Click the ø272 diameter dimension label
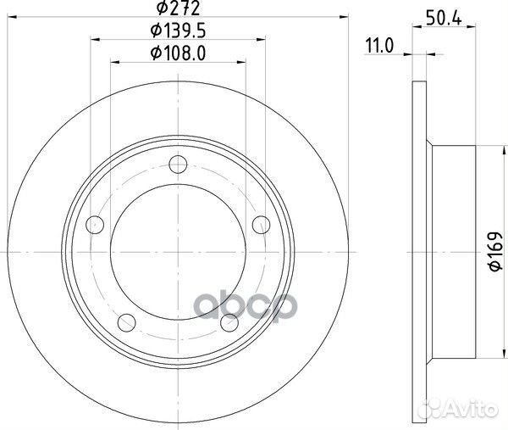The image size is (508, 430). (178, 8)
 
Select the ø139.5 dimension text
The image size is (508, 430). (178, 31)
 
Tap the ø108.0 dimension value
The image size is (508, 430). (178, 53)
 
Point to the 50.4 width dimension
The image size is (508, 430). (444, 20)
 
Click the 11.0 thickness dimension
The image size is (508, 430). (379, 46)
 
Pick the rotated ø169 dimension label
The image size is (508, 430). (494, 251)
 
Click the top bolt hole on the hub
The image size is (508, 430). (178, 165)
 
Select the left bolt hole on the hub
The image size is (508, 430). (95, 225)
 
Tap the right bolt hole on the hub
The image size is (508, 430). (261, 225)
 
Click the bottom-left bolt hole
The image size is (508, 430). (127, 322)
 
